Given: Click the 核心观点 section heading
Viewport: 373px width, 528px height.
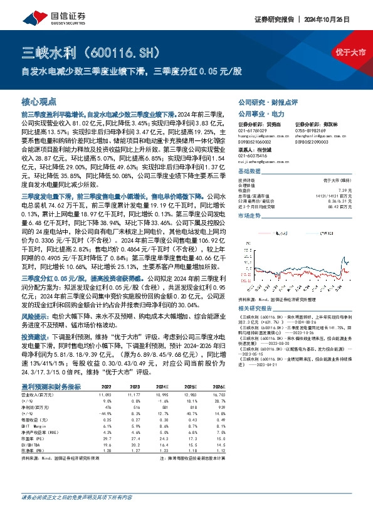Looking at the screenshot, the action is (39, 101).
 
